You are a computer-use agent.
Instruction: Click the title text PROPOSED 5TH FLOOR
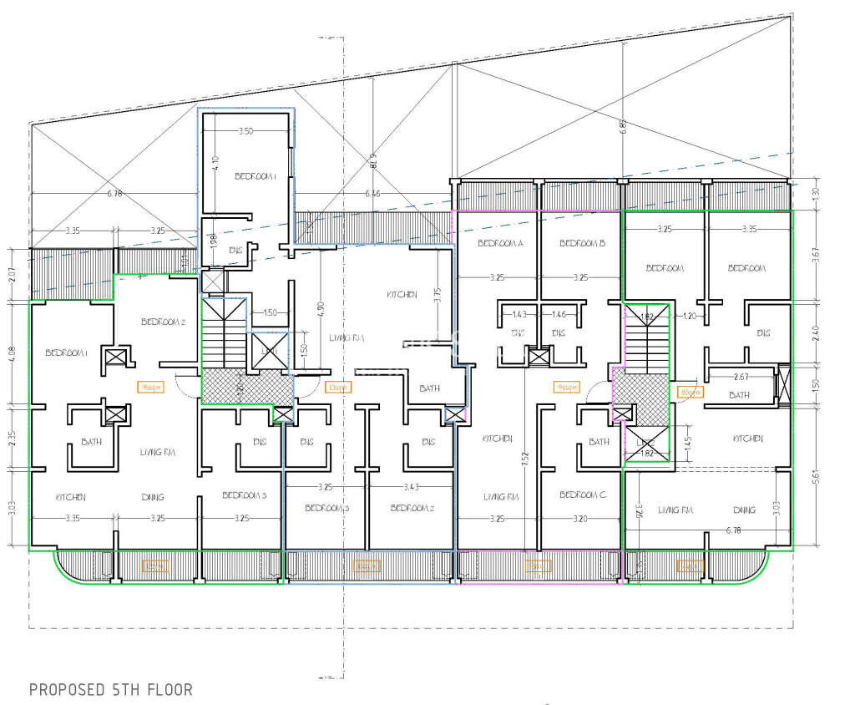point(111,690)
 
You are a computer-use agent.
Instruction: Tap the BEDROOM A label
point(500,244)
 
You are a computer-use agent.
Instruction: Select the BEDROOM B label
point(581,244)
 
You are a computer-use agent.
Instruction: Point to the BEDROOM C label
point(581,495)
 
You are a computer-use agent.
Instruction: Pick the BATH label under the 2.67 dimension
point(740,395)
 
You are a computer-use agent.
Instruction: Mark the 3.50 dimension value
point(245,131)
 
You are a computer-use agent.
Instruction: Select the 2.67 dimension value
point(741,378)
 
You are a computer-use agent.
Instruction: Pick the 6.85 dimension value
point(622,127)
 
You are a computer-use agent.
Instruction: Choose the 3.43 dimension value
point(411,487)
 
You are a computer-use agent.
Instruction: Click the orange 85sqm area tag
point(691,391)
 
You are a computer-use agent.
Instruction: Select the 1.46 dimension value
point(559,314)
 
